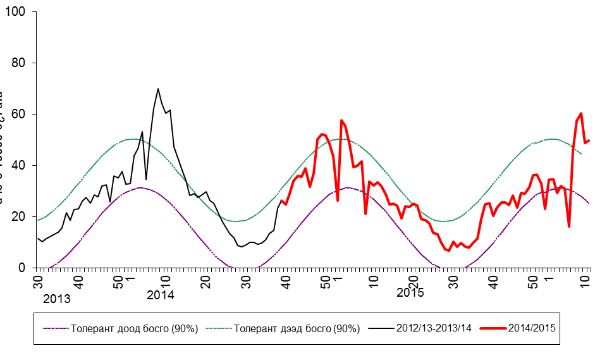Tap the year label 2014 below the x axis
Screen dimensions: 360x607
tap(160, 294)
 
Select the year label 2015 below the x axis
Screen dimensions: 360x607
tap(410, 293)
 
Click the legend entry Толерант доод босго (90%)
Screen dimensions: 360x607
tap(135, 328)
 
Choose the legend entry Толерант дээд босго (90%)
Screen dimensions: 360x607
tap(297, 328)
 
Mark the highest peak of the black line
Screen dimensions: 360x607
tap(158, 89)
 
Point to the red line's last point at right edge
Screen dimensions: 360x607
tap(589, 140)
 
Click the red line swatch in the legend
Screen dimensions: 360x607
tap(494, 328)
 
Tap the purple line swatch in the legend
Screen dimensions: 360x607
tap(55, 328)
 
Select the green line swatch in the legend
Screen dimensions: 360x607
tap(218, 328)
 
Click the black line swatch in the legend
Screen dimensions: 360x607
tap(380, 328)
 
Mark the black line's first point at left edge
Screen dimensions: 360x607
tap(38, 239)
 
